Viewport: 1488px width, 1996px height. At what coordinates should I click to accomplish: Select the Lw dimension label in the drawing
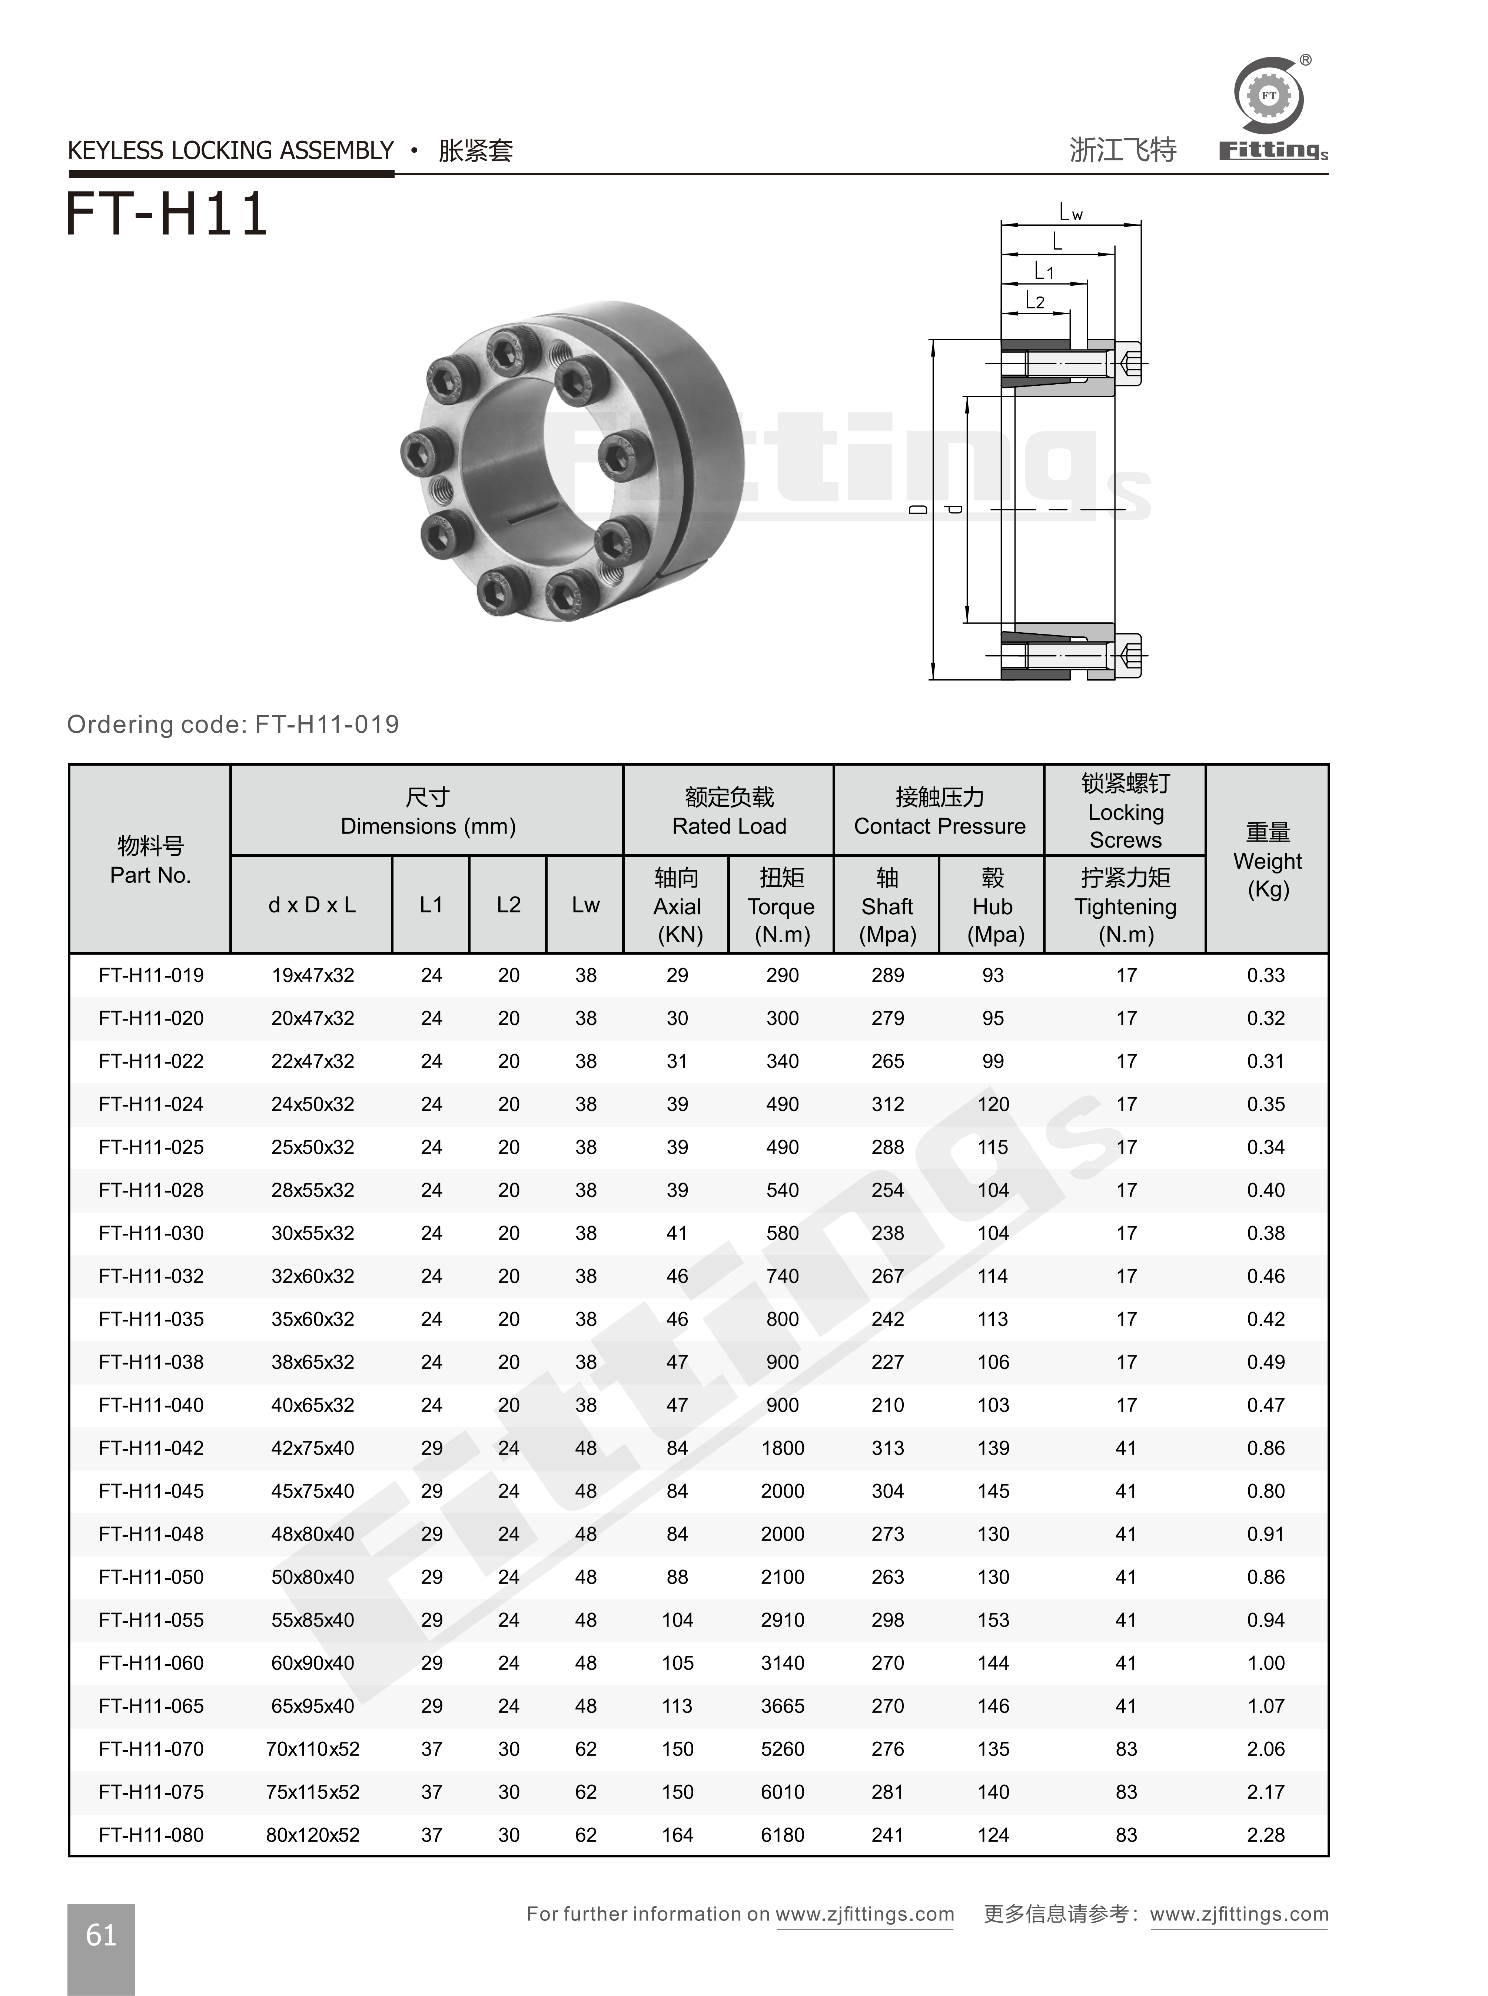[1070, 213]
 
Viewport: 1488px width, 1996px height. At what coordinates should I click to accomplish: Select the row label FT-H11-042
[151, 1448]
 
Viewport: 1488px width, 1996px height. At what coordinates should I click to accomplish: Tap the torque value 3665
[782, 1705]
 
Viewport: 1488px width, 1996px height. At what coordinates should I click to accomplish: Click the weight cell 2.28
[1266, 1834]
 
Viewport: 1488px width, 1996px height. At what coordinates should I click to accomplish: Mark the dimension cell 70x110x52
[313, 1748]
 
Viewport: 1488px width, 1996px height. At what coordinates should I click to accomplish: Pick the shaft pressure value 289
[887, 975]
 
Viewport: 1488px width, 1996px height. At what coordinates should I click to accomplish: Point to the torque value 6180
[782, 1834]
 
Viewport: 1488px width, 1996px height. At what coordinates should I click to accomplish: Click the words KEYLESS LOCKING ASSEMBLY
[230, 150]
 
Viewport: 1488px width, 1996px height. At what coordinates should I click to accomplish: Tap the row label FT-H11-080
[151, 1834]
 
